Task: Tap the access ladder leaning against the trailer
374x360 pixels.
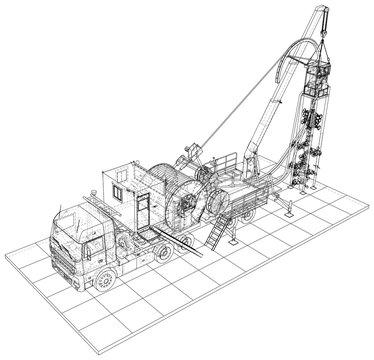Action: (x=216, y=233)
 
